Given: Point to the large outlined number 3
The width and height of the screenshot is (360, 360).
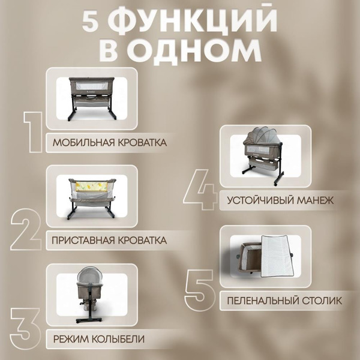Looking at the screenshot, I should coord(26,327).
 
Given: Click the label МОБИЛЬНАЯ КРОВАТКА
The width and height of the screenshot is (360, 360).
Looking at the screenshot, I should coord(110,143).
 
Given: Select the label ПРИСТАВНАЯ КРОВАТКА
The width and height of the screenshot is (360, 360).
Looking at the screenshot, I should coord(109,240).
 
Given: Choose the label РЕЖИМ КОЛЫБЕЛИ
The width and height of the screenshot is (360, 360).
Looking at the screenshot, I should coord(99,338).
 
